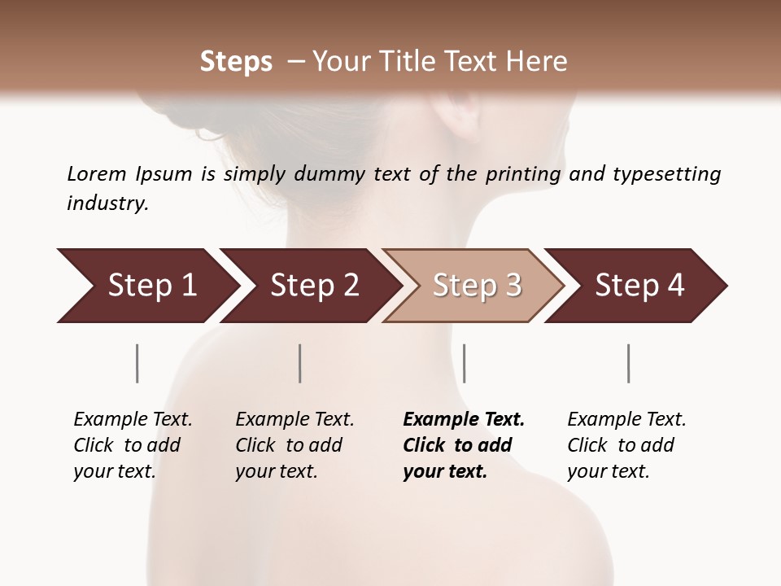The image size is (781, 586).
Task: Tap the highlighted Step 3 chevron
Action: click(x=476, y=286)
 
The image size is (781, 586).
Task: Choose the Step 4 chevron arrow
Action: click(x=639, y=286)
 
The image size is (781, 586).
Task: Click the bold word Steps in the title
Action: click(x=236, y=62)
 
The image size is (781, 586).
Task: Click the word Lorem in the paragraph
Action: click(x=97, y=173)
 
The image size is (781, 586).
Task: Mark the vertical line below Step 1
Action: click(x=137, y=363)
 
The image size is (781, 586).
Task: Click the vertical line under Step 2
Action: click(x=300, y=363)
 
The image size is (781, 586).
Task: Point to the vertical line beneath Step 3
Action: click(x=464, y=363)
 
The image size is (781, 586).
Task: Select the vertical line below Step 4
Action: click(x=628, y=363)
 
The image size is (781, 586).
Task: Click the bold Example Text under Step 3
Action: click(x=464, y=420)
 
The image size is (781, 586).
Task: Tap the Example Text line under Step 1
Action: click(x=133, y=420)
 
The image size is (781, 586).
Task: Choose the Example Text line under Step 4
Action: click(x=626, y=420)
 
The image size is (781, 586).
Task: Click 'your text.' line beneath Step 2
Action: click(x=276, y=471)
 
